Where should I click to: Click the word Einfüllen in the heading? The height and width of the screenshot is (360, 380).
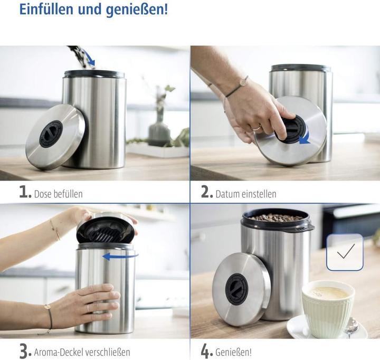tap(45, 10)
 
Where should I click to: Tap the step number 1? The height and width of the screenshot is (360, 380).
tap(25, 192)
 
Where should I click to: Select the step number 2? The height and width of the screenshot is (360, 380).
tap(207, 192)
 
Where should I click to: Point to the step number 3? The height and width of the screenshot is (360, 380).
tap(25, 350)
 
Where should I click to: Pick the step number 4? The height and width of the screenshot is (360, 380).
tap(207, 350)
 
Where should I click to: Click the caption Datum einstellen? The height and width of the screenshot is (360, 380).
tap(245, 194)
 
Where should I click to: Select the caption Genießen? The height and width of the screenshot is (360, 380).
tap(233, 352)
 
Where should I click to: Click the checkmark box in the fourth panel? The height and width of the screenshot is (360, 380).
tap(345, 252)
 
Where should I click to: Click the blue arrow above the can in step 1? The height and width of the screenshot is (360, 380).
tap(89, 59)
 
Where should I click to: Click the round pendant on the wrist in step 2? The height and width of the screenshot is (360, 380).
tap(244, 81)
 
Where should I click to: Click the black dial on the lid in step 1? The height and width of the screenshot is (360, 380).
tap(51, 134)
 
